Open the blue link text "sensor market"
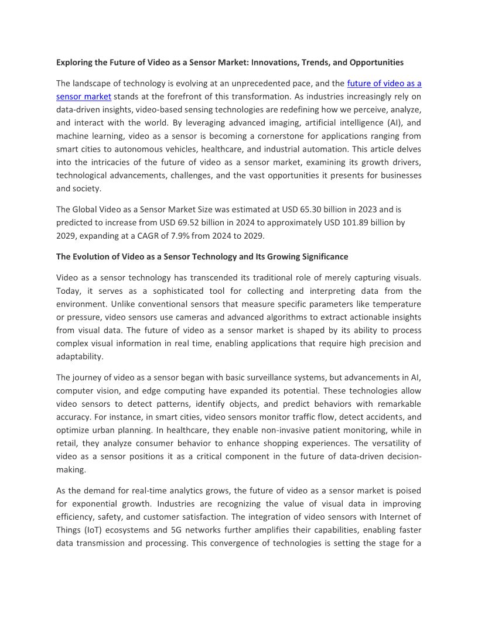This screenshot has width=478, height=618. click(84, 96)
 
